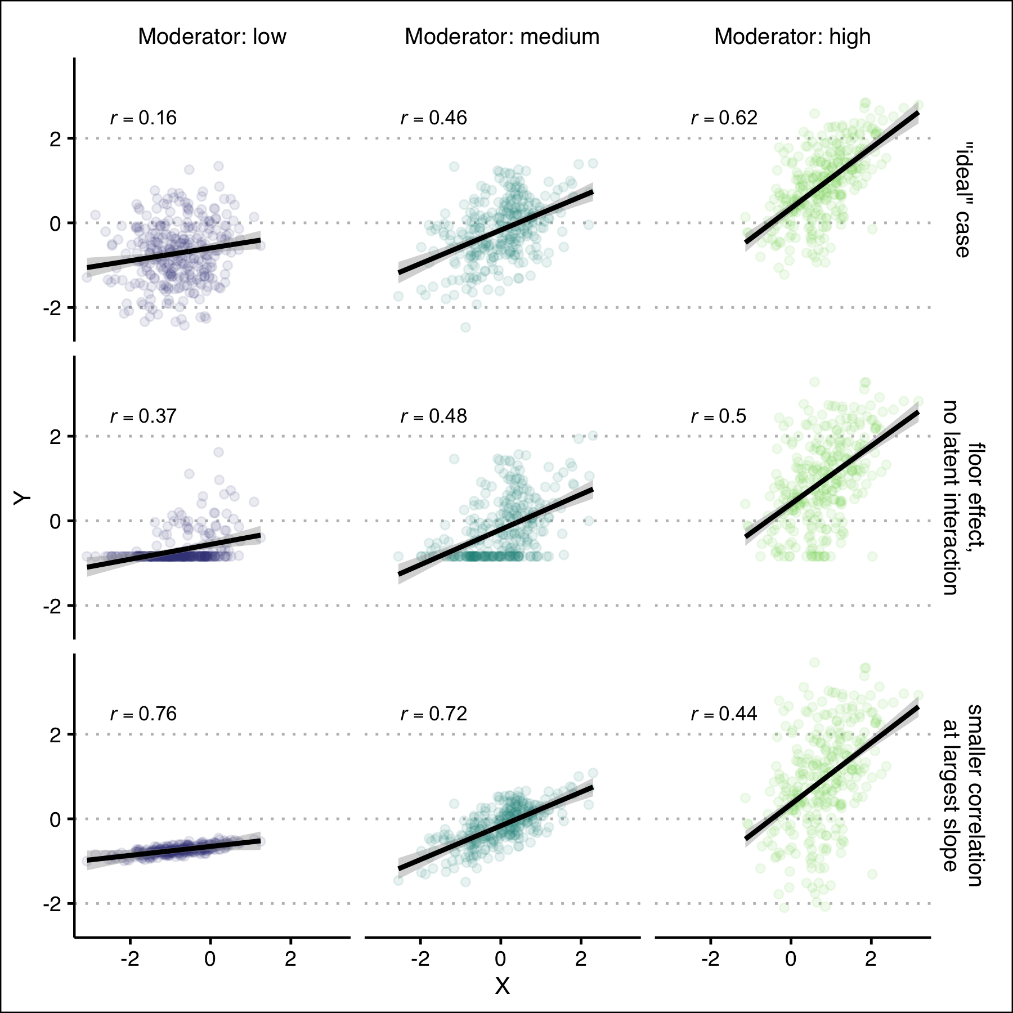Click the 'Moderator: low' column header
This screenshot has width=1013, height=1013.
[x=212, y=37]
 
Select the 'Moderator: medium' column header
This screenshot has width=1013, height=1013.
[x=502, y=37]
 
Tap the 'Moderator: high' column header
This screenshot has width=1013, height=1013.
[x=792, y=37]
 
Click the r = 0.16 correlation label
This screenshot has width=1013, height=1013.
[x=144, y=118]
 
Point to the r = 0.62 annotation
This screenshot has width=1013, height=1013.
[x=724, y=118]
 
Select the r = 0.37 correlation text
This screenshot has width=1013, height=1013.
[x=144, y=416]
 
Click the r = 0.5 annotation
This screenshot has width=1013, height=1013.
[x=719, y=416]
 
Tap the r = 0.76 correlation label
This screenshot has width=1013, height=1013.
[x=144, y=714]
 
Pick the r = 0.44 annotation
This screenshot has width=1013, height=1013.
[x=724, y=714]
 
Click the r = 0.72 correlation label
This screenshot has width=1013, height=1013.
[x=434, y=714]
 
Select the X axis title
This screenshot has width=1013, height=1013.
[x=502, y=986]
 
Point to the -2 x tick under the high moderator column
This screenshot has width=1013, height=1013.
[x=710, y=959]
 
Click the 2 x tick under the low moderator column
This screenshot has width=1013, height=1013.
[x=290, y=959]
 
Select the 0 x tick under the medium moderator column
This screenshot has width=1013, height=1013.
[x=500, y=959]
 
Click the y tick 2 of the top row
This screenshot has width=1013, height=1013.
[x=55, y=139]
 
